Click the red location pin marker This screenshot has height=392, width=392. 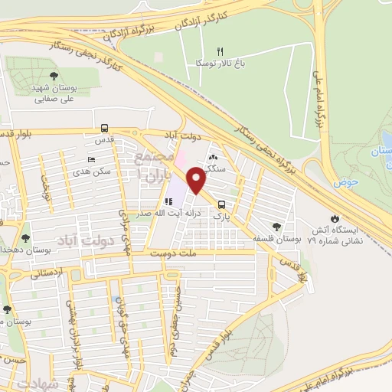[x=197, y=181]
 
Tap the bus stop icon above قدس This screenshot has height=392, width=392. [x=103, y=129]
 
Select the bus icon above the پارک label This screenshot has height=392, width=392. [x=221, y=204]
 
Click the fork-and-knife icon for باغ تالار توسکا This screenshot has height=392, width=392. [x=220, y=51]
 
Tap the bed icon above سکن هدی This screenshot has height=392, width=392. [x=92, y=160]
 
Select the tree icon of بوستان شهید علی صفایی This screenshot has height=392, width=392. [x=54, y=75]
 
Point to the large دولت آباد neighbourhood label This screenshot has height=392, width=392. [x=77, y=242]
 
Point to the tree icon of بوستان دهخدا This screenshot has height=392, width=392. [x=26, y=238]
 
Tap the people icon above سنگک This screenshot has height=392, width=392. [x=212, y=156]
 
